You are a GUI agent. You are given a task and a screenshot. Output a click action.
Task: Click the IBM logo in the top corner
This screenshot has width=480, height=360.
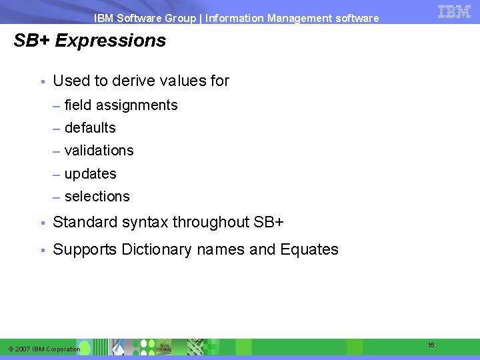[454, 11]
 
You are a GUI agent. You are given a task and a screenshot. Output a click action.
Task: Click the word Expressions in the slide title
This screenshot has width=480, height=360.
[111, 41]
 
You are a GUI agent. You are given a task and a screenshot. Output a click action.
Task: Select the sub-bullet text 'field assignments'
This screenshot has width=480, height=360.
[121, 105]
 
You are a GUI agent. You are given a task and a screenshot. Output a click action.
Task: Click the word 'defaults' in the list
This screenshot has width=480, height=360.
[90, 128]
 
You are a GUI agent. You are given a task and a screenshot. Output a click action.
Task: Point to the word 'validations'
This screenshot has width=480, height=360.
[99, 151]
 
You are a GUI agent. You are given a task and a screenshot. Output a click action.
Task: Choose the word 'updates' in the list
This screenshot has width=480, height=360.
[90, 174]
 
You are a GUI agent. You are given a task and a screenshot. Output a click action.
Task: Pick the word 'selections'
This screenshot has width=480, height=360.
[97, 197]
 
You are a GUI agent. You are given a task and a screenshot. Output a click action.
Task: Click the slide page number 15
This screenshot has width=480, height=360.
[431, 345]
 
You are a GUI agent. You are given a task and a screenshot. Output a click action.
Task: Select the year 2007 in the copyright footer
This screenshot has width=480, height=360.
[23, 349]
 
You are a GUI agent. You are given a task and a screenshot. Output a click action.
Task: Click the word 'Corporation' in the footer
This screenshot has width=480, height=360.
[65, 349]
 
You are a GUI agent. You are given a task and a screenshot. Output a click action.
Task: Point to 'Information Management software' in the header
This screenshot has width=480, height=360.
[292, 18]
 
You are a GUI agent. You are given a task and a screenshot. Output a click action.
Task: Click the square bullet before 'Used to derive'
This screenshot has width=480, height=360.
[41, 82]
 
